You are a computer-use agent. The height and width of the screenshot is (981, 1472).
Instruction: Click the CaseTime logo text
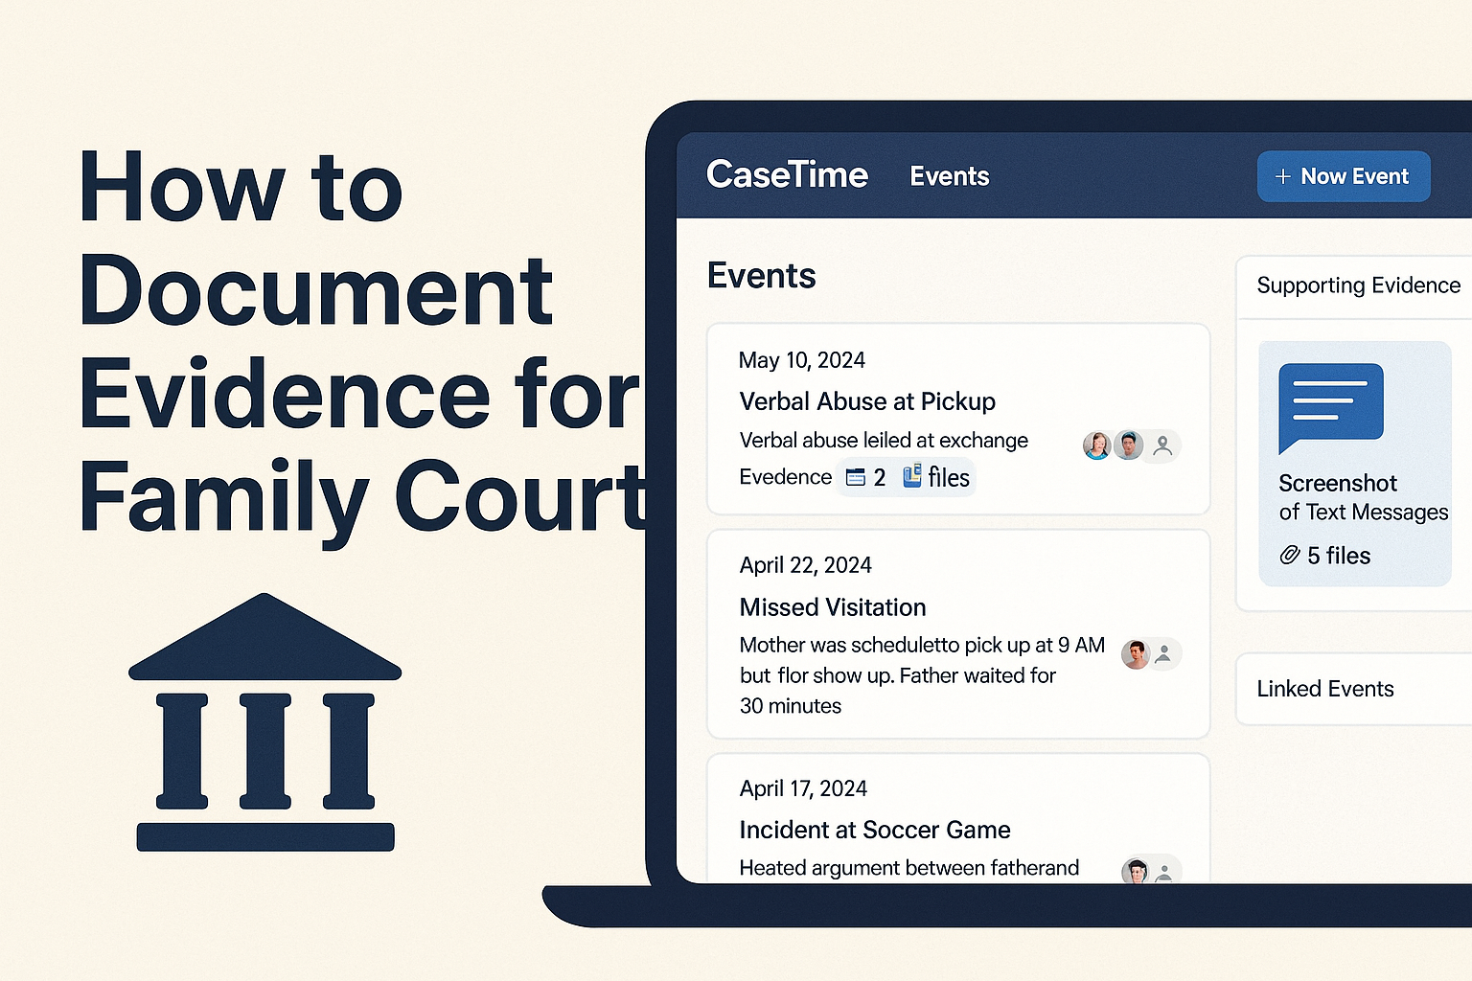click(787, 174)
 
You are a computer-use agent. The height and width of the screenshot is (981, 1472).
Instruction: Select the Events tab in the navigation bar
click(949, 176)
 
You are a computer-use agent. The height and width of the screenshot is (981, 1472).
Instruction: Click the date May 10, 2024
click(802, 360)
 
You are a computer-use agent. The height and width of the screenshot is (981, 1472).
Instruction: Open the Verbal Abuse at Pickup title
click(866, 401)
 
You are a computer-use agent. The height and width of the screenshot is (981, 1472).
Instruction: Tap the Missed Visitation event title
click(833, 607)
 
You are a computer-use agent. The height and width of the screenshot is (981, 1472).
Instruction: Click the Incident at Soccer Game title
click(875, 830)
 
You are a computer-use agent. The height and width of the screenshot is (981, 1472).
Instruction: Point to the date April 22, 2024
click(805, 565)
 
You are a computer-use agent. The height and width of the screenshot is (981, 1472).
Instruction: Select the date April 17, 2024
click(803, 788)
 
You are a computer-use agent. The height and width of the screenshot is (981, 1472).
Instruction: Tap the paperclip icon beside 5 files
click(1289, 556)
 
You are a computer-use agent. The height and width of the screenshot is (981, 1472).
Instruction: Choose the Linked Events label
click(1324, 689)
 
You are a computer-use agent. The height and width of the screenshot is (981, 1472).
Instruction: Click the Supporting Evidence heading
click(1358, 285)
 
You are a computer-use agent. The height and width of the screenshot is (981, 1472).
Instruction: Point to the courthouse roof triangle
click(264, 637)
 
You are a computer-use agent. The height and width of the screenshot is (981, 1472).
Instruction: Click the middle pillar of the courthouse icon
click(264, 751)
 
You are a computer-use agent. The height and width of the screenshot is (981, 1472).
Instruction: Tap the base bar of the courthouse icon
click(265, 837)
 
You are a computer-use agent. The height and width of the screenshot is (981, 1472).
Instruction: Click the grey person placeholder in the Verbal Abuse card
click(1162, 446)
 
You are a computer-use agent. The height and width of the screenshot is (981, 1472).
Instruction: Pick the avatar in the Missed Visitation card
click(1136, 653)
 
